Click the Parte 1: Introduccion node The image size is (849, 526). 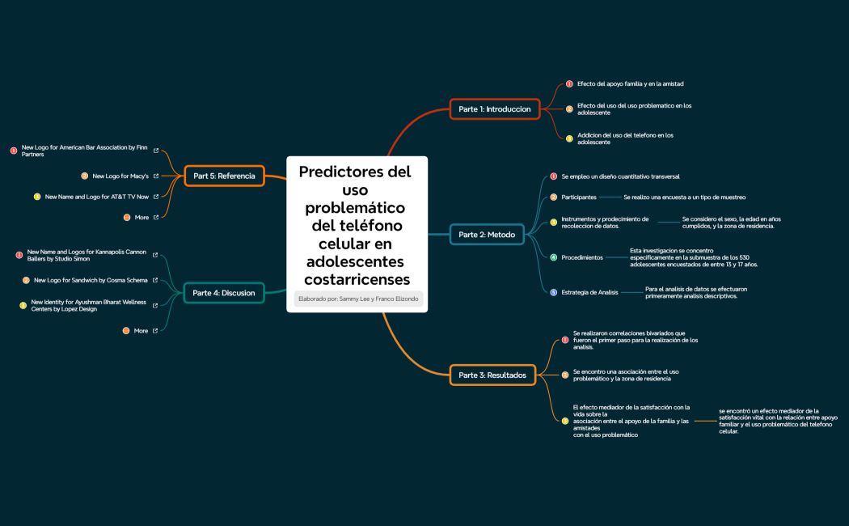click(494, 108)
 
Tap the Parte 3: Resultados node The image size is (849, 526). click(492, 375)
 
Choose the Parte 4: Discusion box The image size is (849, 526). click(224, 293)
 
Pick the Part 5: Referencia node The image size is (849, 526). click(224, 176)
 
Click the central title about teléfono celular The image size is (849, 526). click(356, 225)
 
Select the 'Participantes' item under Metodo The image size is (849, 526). click(579, 197)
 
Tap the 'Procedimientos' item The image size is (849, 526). click(582, 257)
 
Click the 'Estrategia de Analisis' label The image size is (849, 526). click(589, 292)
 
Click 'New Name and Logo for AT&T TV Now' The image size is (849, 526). click(97, 197)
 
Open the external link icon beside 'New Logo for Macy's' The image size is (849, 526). click(156, 176)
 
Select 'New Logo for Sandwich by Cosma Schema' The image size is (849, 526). click(91, 280)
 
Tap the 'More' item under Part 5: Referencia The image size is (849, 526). click(141, 217)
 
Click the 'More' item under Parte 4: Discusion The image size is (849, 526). click(141, 330)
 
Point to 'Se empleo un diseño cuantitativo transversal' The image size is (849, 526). click(620, 176)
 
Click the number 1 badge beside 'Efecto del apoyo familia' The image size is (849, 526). click(569, 83)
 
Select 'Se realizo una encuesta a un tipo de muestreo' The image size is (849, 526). click(684, 197)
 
